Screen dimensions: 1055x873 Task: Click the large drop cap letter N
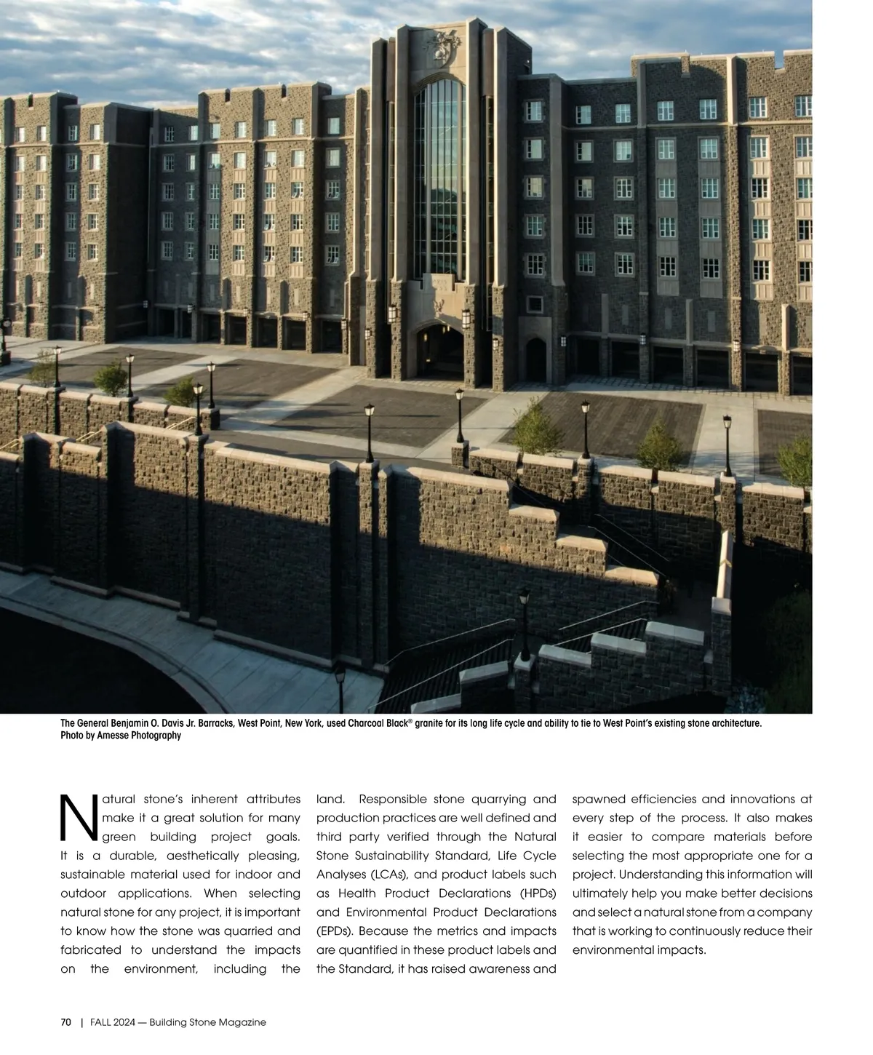79,815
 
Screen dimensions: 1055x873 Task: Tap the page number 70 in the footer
65,1022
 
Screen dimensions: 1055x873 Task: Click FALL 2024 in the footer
111,1022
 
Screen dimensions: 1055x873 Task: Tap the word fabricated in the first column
92,950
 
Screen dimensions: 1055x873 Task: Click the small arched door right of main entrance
535,359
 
